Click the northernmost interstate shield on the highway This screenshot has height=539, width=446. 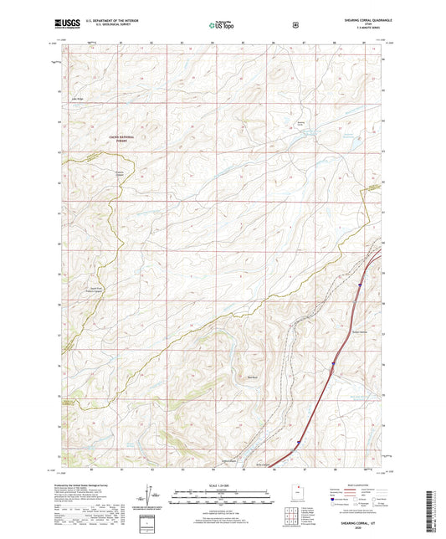tap(358, 285)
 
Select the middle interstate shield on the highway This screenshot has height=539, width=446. tap(332, 363)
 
